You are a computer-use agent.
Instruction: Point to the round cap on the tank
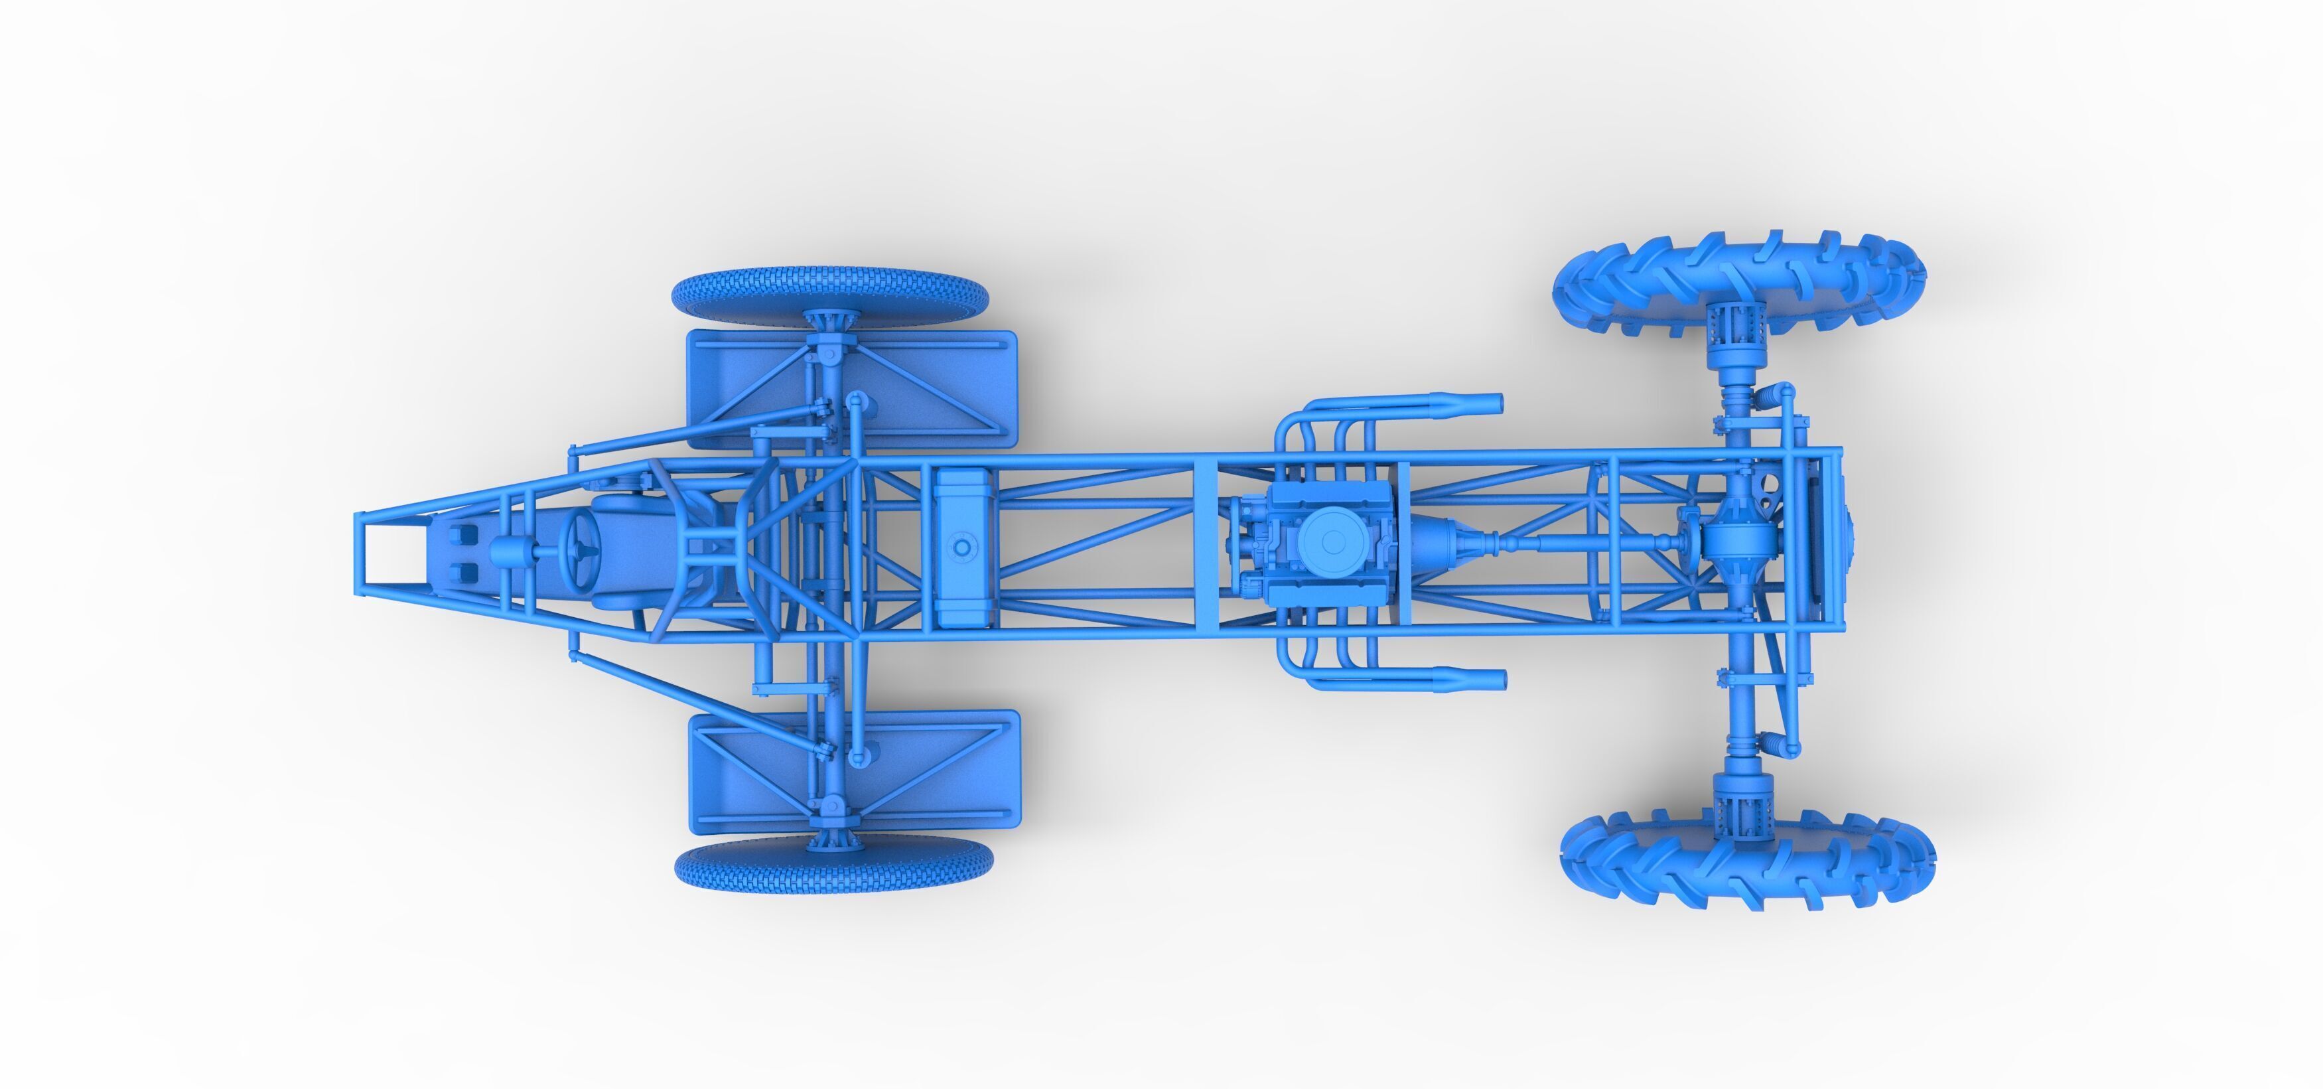pyautogui.click(x=962, y=547)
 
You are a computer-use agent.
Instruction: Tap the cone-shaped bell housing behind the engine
pyautogui.click(x=1434, y=542)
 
